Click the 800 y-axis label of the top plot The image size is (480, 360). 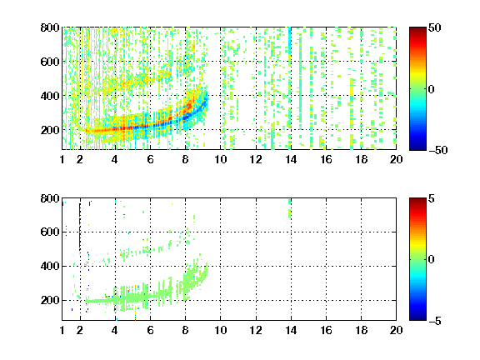(50, 27)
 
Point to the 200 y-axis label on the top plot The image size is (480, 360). (50, 130)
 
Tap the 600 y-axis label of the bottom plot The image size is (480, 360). (50, 232)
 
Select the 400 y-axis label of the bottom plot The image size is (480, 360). (50, 266)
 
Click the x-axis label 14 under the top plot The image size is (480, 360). (291, 159)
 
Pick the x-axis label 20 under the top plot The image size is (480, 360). (396, 159)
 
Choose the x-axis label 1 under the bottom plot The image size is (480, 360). (62, 330)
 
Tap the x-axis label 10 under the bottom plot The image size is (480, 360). (220, 330)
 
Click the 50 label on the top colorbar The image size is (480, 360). (435, 27)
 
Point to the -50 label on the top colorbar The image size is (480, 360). (437, 150)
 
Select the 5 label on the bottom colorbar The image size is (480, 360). (432, 198)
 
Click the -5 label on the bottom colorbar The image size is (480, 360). (435, 321)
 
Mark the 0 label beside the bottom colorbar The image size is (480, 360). (432, 260)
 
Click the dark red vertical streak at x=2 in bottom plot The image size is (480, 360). (80, 227)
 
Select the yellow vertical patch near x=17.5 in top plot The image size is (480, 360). (352, 90)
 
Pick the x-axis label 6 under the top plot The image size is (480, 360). (150, 159)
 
